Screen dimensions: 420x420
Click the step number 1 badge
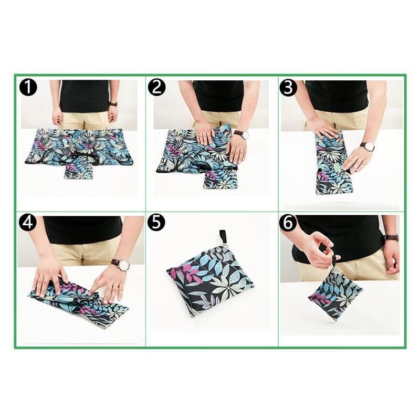click(x=28, y=88)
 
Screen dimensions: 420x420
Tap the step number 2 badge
click(x=157, y=88)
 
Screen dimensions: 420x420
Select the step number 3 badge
click(x=288, y=88)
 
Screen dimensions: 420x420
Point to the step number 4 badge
click(x=28, y=223)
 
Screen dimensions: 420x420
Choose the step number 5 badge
click(x=157, y=223)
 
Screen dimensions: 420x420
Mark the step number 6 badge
click(x=288, y=223)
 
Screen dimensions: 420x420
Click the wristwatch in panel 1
click(x=113, y=104)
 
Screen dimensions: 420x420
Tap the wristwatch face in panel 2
click(x=245, y=135)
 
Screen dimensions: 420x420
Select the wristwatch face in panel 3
click(x=370, y=147)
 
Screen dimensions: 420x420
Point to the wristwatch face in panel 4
click(x=124, y=265)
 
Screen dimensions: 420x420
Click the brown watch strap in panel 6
click(x=392, y=237)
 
